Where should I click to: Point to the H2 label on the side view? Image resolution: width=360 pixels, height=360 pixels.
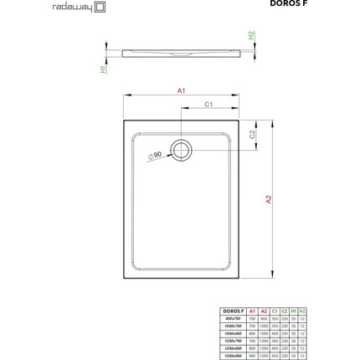pos(250,36)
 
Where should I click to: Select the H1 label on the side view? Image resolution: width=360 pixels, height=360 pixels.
pos(105,69)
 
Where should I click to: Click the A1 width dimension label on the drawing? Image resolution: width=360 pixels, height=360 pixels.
pos(180,90)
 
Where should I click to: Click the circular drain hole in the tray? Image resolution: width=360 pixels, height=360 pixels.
pos(182,150)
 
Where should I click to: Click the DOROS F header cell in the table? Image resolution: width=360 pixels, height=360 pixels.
pos(235,310)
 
